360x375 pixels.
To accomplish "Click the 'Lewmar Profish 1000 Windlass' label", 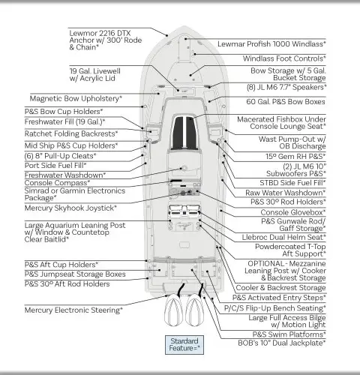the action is tap(271, 44).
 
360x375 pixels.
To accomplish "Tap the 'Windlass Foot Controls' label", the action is tap(284, 58).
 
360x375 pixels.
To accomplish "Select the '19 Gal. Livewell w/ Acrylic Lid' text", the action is tap(95, 74).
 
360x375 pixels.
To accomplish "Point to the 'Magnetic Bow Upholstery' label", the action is tap(76, 98).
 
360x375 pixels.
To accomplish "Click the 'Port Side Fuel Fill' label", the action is tap(55, 166).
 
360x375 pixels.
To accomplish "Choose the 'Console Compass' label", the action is tap(57, 183).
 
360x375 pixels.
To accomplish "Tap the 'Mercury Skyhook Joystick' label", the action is tap(70, 208).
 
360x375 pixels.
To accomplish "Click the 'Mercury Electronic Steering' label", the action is tap(73, 310).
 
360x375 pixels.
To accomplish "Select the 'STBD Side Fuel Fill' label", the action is tap(292, 183).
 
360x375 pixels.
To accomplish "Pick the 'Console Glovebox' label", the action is tap(293, 212).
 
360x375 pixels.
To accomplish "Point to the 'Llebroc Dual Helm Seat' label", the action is tap(284, 237).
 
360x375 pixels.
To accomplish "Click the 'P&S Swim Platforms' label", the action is tap(289, 334).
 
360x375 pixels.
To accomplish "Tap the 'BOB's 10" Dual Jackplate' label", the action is tap(282, 343).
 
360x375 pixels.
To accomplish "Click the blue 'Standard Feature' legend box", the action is tap(184, 345).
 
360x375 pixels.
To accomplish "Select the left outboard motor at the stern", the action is tap(173, 310).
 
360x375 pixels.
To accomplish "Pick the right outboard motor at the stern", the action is tap(195, 310).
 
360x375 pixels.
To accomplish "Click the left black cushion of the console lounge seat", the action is tap(178, 133).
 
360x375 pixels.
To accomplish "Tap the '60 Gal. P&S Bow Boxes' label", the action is tap(286, 101).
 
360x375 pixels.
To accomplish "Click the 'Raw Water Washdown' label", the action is tap(286, 193).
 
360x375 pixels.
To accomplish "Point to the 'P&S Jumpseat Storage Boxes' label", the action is tap(75, 274).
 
